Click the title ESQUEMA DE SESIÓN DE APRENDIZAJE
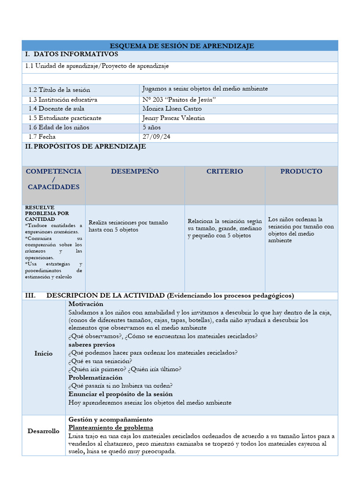(x=181, y=46)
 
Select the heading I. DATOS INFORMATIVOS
(x=71, y=55)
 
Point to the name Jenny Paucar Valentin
(x=173, y=118)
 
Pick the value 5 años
(x=151, y=127)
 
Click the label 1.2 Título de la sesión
(x=59, y=90)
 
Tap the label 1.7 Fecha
(x=42, y=137)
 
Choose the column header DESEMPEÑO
(x=135, y=172)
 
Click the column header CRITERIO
(x=225, y=172)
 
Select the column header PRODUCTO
(x=301, y=172)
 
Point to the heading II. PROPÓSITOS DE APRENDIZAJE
(x=85, y=147)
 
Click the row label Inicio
(x=44, y=353)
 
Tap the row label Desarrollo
(x=44, y=431)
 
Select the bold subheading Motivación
(x=86, y=304)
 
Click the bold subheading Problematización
(x=96, y=378)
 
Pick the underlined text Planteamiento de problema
(x=111, y=428)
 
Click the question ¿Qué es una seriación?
(x=100, y=361)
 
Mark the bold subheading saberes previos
(x=91, y=345)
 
